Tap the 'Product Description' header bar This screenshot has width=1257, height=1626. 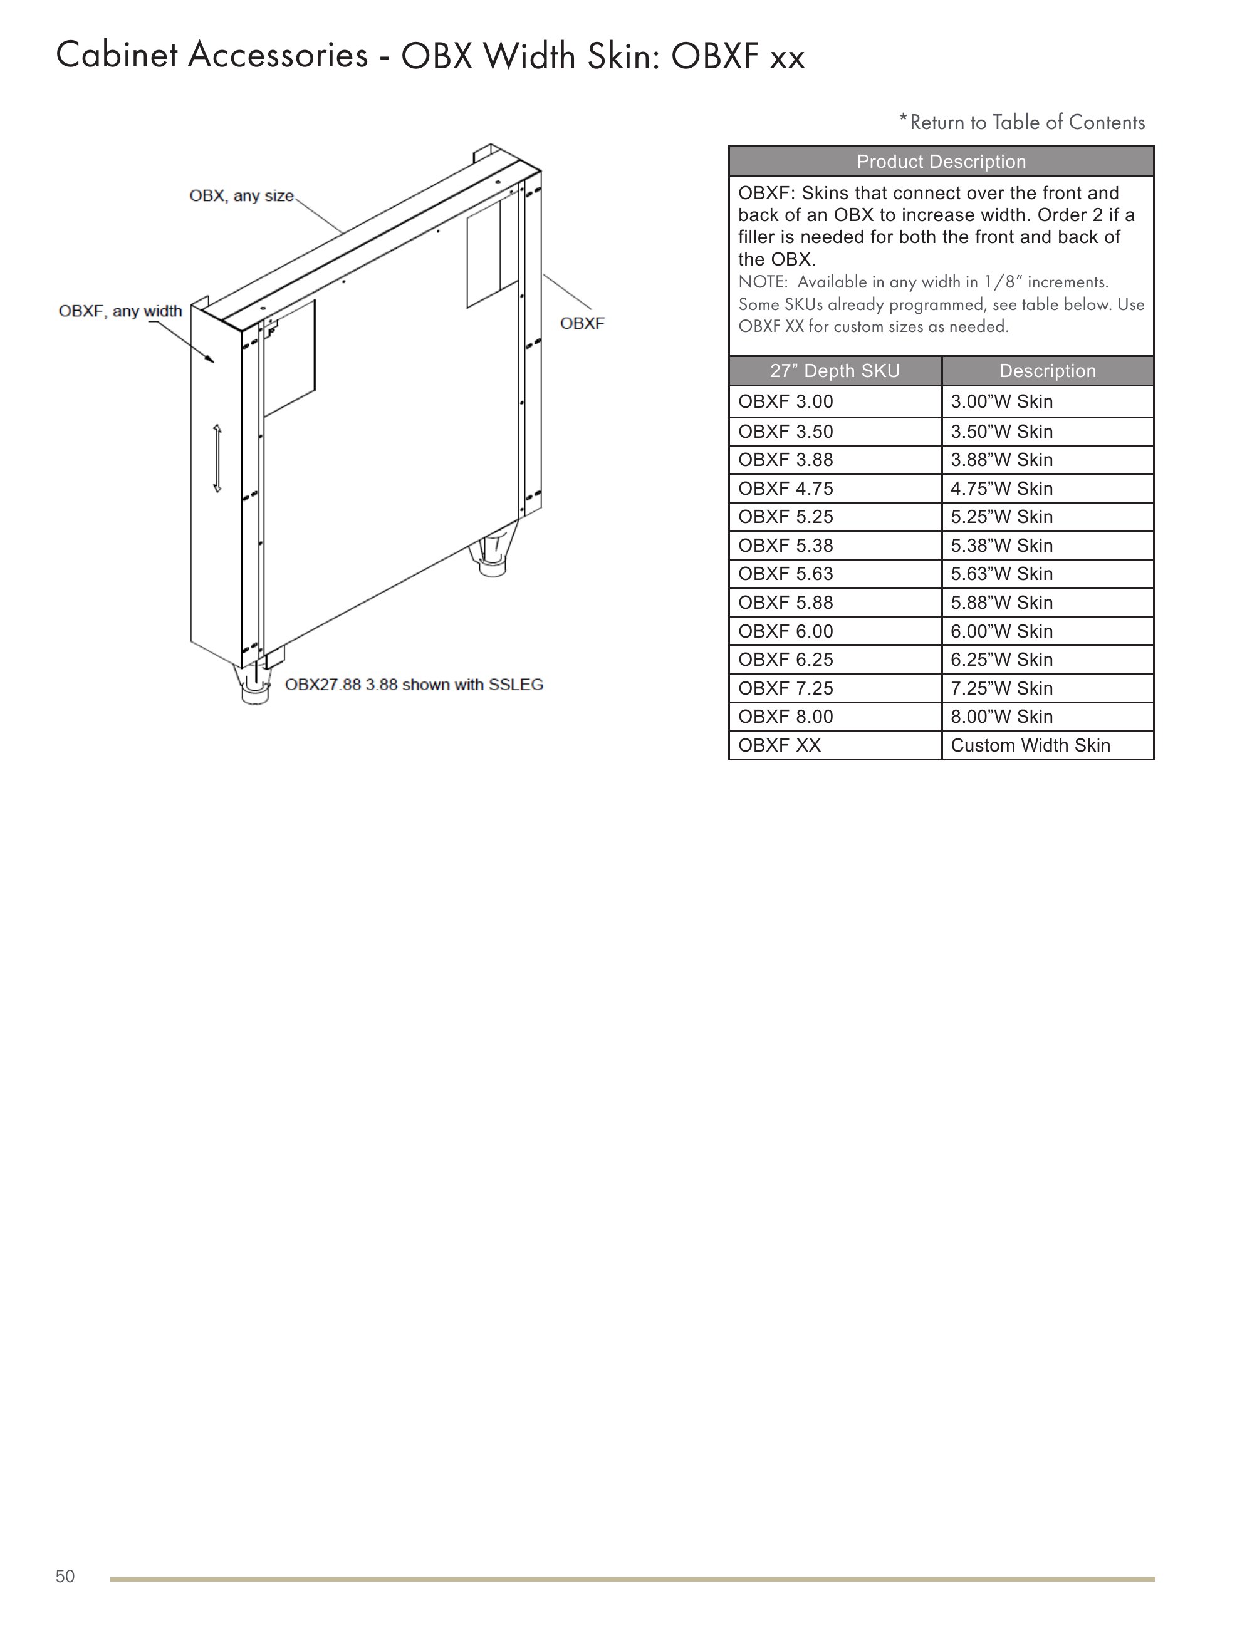pos(941,162)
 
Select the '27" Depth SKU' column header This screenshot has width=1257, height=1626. pos(834,371)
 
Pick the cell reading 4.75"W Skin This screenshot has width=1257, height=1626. pos(1046,489)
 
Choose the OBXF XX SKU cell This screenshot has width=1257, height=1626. pos(834,745)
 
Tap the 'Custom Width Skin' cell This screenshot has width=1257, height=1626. pos(1046,745)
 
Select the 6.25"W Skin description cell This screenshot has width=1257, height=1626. pos(1046,660)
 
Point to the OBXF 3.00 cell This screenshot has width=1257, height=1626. pos(834,402)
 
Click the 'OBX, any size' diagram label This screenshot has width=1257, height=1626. pos(241,196)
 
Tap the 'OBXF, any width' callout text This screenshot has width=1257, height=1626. pos(121,311)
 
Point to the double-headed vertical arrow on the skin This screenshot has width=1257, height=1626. pos(217,458)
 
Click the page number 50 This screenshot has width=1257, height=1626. pos(65,1576)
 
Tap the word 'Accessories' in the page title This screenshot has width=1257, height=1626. pos(278,56)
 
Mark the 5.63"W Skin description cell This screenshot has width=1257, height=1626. pos(1046,574)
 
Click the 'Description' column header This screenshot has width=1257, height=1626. pos(1046,371)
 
